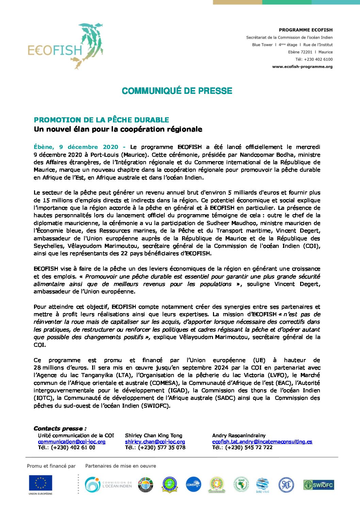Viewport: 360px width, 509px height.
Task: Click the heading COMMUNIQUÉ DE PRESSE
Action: [177, 91]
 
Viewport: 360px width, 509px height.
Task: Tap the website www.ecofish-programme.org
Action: [302, 67]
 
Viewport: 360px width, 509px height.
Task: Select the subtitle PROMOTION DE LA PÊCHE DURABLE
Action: [101, 120]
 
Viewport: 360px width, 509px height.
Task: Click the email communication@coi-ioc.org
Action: [72, 442]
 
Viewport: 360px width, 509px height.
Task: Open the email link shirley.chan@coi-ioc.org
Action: [155, 442]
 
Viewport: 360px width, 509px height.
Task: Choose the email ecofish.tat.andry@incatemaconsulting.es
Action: [262, 442]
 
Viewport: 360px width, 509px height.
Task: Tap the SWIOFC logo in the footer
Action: [318, 485]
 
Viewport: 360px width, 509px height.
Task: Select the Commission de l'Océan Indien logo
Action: [108, 485]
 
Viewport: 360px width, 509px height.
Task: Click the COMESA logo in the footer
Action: [193, 485]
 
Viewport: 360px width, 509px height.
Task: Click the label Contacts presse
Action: [60, 428]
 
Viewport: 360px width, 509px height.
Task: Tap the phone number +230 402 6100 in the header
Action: [314, 59]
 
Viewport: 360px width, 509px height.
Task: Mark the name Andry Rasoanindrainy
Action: [239, 436]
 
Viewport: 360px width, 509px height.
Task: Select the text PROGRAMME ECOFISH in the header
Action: [306, 30]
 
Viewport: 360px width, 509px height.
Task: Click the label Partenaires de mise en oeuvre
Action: [120, 466]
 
